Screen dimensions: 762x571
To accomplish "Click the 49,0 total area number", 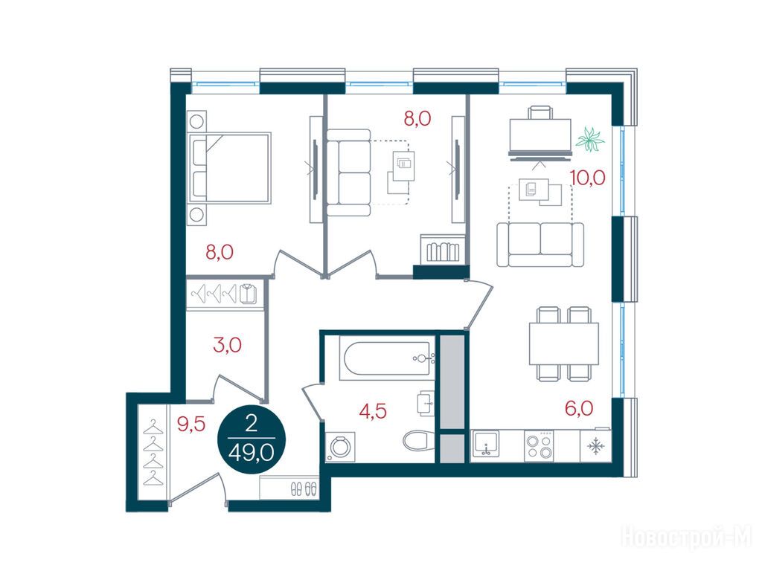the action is coord(252,454).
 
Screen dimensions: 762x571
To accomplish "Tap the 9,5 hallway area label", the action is coord(191,425).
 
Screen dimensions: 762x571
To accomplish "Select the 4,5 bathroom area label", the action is coord(373,411).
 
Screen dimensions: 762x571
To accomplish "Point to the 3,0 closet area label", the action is coord(228,345).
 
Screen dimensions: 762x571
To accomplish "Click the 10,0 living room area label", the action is coord(588,178).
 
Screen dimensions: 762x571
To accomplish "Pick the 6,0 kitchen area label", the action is coord(579,408).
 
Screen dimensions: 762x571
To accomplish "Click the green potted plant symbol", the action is coord(590,139).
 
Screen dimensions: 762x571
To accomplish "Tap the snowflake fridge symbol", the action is coord(595,446).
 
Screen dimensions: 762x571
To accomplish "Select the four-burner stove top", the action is coord(540,446).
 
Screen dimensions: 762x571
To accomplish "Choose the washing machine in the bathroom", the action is coord(339,447).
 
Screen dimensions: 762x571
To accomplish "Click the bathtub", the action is coord(387,359).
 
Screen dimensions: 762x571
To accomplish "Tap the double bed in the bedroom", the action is coord(229,167).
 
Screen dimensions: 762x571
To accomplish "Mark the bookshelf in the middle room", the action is coord(441,249).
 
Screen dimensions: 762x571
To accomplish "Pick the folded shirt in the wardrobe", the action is coord(248,294).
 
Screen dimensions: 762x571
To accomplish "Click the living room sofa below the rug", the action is coord(540,244).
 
